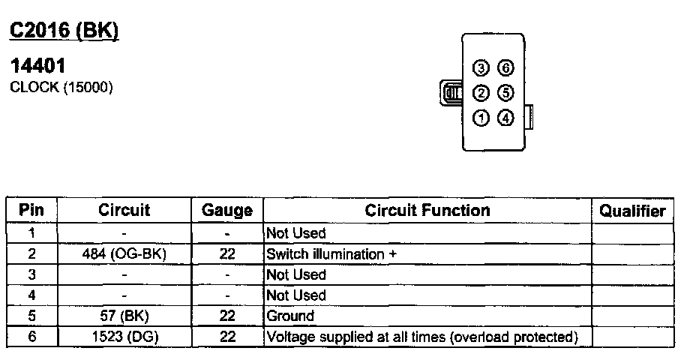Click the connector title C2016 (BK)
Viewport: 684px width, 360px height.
coord(63,31)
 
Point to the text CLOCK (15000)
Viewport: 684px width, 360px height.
coord(61,88)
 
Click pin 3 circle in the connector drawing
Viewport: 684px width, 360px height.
coord(481,69)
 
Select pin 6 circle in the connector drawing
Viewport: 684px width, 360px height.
coord(506,69)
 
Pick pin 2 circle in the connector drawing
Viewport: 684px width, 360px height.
coord(481,93)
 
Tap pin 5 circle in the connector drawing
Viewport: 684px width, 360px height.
coord(506,93)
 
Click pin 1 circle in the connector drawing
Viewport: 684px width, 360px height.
coord(481,118)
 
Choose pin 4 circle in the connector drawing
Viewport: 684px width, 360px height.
coord(506,118)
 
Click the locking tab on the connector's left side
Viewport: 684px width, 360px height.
coord(452,94)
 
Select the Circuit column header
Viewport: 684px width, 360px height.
coord(124,211)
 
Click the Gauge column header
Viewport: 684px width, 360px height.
coord(227,211)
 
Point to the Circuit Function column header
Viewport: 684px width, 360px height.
coord(427,211)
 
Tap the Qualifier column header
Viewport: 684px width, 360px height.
coord(632,211)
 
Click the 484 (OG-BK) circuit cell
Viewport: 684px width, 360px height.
coord(124,254)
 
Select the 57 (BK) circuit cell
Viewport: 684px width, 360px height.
coord(124,316)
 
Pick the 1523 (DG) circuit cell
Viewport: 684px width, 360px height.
coord(124,337)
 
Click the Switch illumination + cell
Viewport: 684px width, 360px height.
coord(331,254)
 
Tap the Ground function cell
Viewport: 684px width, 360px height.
coord(290,316)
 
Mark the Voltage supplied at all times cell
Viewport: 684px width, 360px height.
coord(422,337)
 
